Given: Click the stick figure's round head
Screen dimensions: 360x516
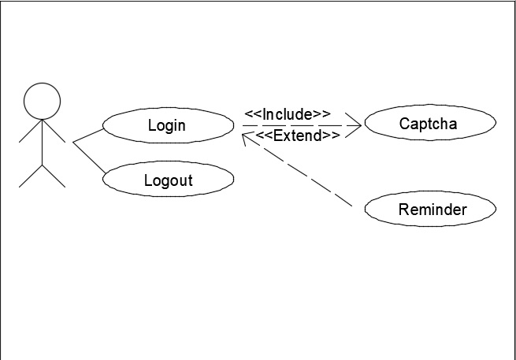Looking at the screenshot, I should tap(42, 102).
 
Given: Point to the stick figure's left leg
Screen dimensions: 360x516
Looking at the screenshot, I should tap(30, 176).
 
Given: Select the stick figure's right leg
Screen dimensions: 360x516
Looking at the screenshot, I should tap(54, 176).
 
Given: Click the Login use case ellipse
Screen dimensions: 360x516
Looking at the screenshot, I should tap(167, 124).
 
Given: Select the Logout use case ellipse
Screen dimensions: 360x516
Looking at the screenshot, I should tap(168, 180).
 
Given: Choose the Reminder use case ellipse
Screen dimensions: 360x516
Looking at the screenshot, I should tap(431, 210).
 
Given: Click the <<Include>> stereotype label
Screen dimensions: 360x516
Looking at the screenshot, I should tap(287, 114).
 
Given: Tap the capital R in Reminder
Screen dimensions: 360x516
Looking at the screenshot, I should tap(403, 210).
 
